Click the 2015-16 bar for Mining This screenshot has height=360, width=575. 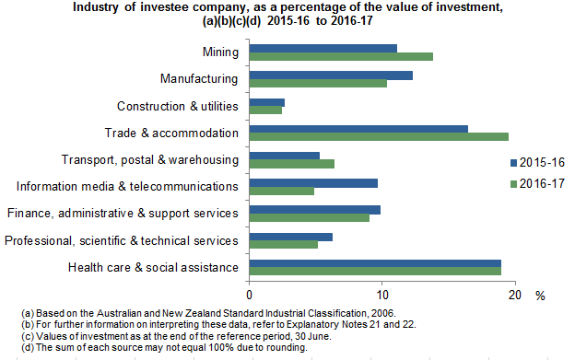323,48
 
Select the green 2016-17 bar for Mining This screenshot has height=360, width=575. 341,57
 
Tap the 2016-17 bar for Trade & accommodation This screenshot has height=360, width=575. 379,137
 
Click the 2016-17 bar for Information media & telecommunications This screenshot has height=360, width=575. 282,192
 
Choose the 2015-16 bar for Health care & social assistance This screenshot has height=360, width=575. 375,263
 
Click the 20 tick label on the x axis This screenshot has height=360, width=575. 514,295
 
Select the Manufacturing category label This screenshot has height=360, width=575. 200,79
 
